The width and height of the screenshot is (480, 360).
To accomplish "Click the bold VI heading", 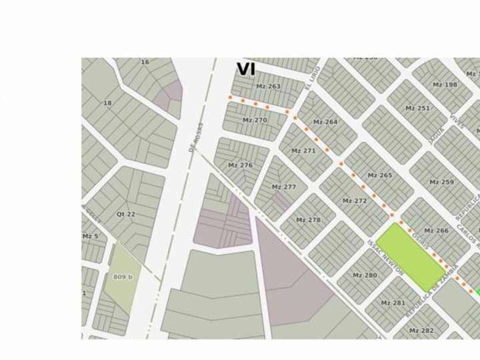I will (x=246, y=69).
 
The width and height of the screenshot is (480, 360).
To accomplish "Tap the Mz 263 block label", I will (x=268, y=87).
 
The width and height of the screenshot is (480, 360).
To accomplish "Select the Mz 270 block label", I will (x=255, y=121).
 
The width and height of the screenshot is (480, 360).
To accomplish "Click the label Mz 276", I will (x=240, y=165).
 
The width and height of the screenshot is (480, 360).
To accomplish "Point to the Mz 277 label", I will (x=284, y=187).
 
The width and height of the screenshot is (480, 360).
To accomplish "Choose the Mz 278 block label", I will (x=308, y=220).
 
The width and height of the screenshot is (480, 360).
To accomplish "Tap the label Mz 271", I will (x=303, y=151).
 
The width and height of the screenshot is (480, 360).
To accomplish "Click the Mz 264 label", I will (x=325, y=122).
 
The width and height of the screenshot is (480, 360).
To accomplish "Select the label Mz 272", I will (x=355, y=201).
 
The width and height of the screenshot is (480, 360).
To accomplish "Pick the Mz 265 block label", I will (x=380, y=175).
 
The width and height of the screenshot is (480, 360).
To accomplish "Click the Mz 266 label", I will (x=436, y=231).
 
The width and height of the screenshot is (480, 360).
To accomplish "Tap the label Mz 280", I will (x=365, y=275).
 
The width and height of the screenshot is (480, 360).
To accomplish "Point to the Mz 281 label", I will (x=393, y=303).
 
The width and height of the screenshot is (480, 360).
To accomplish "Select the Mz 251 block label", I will (x=418, y=108).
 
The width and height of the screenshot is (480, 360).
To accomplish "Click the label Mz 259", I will (x=441, y=183).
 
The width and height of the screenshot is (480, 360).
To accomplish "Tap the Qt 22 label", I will (x=125, y=214).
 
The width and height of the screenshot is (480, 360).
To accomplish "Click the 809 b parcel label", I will (x=123, y=277).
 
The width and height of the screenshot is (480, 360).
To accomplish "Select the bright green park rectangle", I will (x=410, y=257).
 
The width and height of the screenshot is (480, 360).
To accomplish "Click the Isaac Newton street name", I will (x=386, y=258).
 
